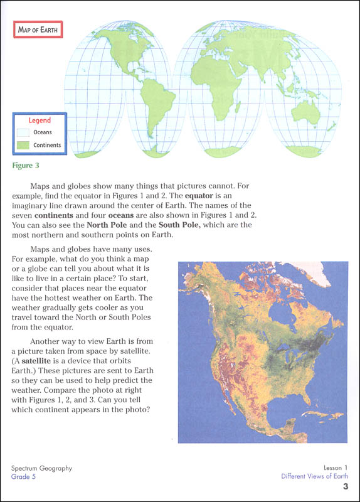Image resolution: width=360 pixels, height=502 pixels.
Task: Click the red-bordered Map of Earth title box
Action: [38, 29]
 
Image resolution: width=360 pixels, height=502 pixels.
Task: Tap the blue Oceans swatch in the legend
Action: [23, 132]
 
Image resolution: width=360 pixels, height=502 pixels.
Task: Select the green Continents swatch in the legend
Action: [23, 146]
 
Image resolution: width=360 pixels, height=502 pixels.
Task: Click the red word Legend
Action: [40, 120]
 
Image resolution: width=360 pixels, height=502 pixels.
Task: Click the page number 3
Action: [345, 487]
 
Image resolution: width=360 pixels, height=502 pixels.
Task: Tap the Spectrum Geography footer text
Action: [42, 468]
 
